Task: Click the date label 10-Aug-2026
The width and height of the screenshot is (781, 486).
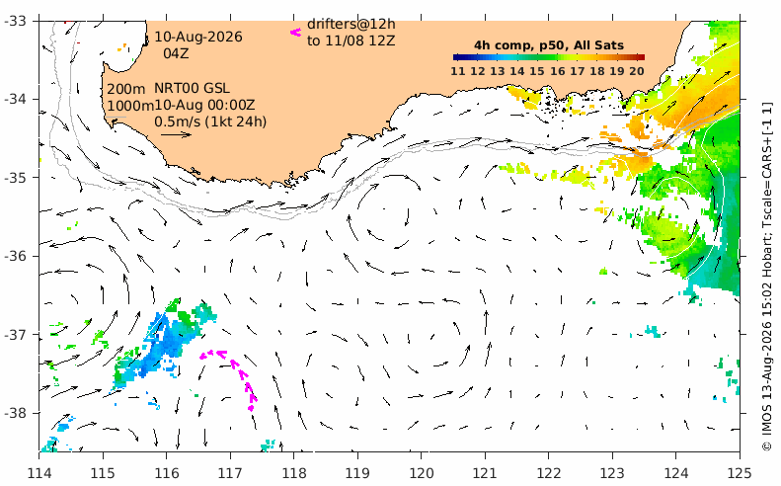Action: pos(198,37)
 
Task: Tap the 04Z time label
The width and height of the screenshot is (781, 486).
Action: pos(176,53)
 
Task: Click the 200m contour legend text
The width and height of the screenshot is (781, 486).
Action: pos(126,89)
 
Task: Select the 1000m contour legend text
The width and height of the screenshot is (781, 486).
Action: pos(130,106)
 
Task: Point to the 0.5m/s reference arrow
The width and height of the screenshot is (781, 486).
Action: pos(176,134)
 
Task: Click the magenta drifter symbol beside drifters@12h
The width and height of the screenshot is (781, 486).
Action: pos(296,33)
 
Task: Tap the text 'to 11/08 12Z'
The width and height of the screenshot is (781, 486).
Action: pos(351,40)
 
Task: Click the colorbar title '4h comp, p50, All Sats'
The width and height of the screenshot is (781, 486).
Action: pos(549,45)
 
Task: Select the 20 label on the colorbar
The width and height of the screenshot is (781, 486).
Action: pos(637,71)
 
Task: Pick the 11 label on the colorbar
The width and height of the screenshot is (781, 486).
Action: pos(458,71)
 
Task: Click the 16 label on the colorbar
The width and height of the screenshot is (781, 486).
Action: pos(557,71)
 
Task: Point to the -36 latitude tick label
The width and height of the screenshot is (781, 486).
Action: pos(17,256)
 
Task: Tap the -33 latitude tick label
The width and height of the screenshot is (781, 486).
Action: pos(17,21)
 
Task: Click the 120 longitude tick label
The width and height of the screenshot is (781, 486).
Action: pos(421,472)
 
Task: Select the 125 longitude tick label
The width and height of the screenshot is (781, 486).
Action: pos(740,472)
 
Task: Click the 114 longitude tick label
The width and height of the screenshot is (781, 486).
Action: pos(39,472)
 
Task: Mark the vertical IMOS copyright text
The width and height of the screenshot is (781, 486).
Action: pos(767,277)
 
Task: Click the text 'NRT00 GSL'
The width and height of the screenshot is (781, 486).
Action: pos(192,89)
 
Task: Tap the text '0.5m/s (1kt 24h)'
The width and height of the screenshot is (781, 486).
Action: pos(210,121)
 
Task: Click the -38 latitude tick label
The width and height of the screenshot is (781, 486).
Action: pos(17,413)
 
